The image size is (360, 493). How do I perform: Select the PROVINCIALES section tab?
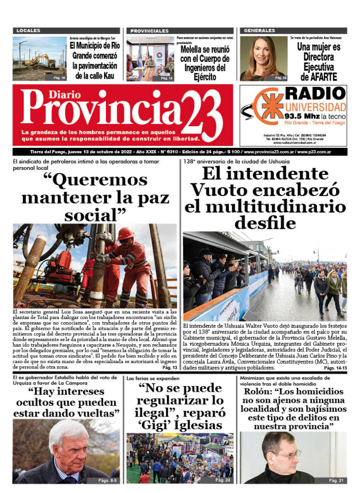[149, 31]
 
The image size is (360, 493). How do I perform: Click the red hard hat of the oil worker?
[125, 233]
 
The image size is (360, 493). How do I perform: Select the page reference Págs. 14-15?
[335, 368]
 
